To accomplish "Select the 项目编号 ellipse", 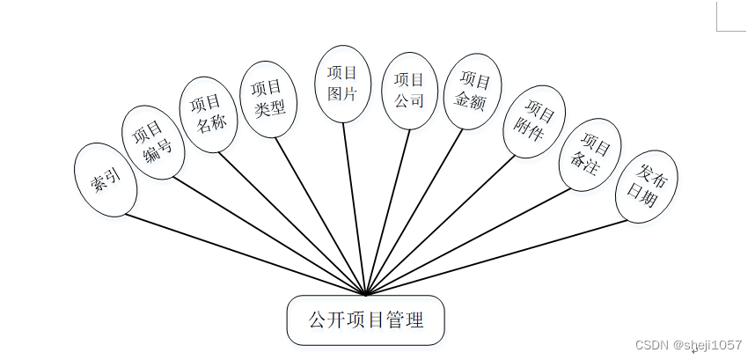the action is point(151,143).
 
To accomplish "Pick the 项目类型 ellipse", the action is point(268,98).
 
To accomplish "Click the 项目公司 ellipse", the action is point(409,91).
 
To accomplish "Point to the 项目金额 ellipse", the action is point(473,92).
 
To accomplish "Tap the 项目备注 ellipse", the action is point(590,154).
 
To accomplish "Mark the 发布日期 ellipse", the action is point(646,186).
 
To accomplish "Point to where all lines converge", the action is point(365,294).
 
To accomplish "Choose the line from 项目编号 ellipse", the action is point(264,233).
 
